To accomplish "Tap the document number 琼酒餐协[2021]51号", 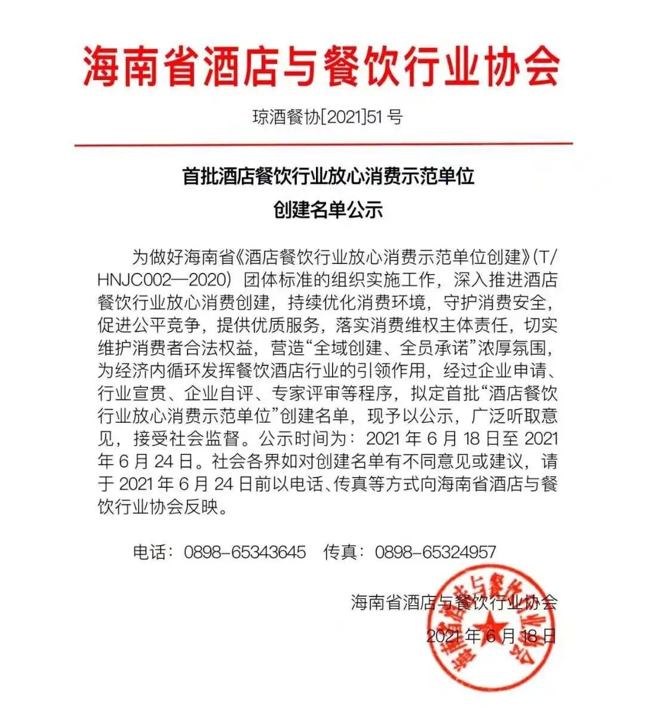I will coord(327,116).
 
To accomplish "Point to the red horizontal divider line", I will coord(323,145).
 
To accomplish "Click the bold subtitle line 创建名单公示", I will coord(327,210).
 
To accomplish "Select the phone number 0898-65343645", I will coord(245,552).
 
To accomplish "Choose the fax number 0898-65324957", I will coord(435,552).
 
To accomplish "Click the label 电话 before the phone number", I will coord(150,552).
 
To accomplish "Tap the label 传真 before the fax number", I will coord(341,552).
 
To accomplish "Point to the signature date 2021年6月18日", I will coord(491,635).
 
